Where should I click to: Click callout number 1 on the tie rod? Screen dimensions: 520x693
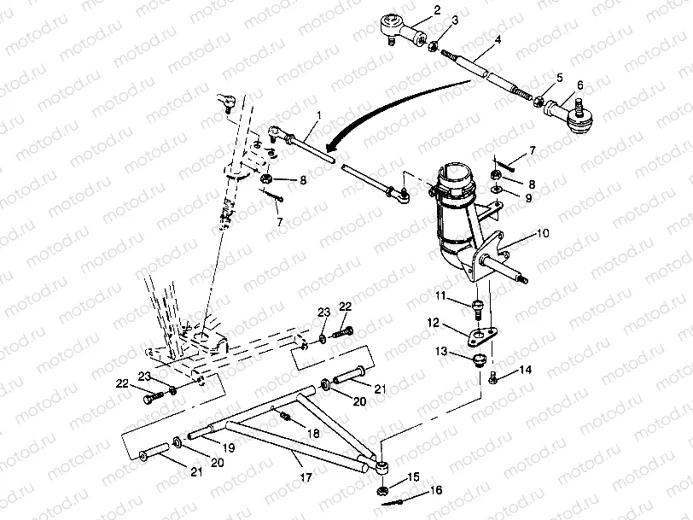[x=318, y=115]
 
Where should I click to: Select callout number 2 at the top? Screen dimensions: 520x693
[x=437, y=10]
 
